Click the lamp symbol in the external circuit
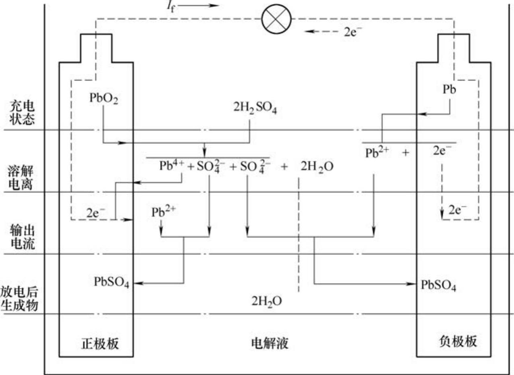[276, 19]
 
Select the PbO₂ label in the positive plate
[104, 99]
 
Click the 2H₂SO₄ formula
[255, 108]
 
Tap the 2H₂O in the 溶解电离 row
[317, 166]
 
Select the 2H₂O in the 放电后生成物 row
[266, 300]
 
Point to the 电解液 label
[269, 343]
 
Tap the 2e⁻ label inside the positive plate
[95, 213]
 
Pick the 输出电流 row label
[22, 238]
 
